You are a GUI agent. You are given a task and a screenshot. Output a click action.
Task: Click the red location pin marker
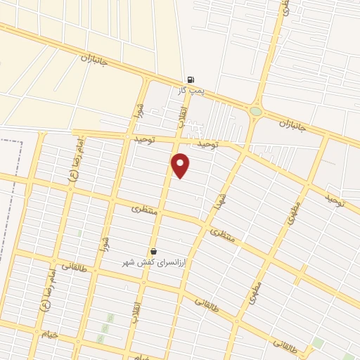pyautogui.click(x=181, y=165)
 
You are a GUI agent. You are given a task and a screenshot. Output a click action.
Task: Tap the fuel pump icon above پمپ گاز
pyautogui.click(x=191, y=80)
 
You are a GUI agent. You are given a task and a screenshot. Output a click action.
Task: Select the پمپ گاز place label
pyautogui.click(x=191, y=91)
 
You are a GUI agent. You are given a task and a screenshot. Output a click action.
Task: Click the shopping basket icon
pyautogui.click(x=153, y=251)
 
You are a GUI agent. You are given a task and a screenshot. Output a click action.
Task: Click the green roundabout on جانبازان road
pyautogui.click(x=255, y=111)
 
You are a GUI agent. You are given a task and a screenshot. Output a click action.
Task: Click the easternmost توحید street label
pyautogui.click(x=335, y=201)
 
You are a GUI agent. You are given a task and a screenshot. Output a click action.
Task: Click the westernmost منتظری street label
pyautogui.click(x=145, y=210)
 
